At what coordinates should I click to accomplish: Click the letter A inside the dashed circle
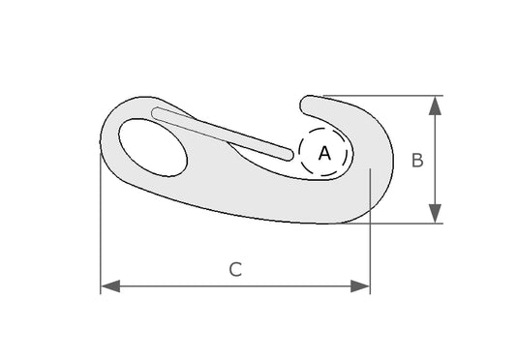click(324, 153)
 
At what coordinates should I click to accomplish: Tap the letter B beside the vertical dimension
click(417, 161)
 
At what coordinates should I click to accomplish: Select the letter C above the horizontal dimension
click(235, 269)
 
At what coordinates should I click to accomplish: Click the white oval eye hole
click(153, 147)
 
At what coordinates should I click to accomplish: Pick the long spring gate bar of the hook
click(222, 134)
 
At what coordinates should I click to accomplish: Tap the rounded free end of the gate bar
click(288, 155)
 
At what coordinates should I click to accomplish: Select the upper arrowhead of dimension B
click(435, 105)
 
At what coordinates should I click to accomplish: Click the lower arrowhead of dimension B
click(435, 214)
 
